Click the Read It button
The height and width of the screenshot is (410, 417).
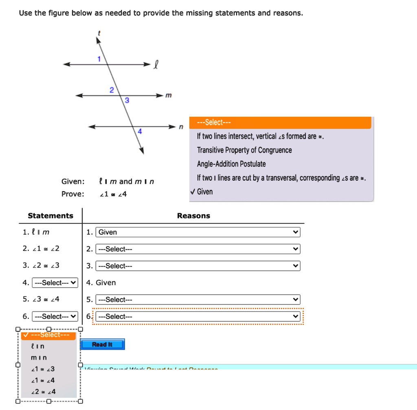(102, 345)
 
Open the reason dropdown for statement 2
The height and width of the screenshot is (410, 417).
(198, 249)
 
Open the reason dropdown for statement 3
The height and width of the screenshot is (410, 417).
(198, 266)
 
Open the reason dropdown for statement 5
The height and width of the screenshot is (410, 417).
(198, 300)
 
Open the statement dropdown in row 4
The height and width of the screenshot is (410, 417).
(55, 283)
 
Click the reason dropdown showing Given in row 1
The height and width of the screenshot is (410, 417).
(198, 232)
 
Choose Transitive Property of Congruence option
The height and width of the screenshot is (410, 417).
(244, 150)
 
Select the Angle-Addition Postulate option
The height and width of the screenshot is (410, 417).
(231, 164)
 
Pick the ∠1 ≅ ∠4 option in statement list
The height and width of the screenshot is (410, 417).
(43, 380)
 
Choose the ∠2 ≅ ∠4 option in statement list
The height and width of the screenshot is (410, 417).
(43, 392)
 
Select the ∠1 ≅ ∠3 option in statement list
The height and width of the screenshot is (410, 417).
(43, 369)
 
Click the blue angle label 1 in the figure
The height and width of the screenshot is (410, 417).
(99, 59)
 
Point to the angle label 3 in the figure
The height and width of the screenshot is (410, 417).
(127, 100)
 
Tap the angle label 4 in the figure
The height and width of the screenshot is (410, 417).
(139, 131)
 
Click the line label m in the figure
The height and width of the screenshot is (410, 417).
(169, 95)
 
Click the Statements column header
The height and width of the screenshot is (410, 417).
(50, 216)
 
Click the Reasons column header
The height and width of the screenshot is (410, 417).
(193, 216)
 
